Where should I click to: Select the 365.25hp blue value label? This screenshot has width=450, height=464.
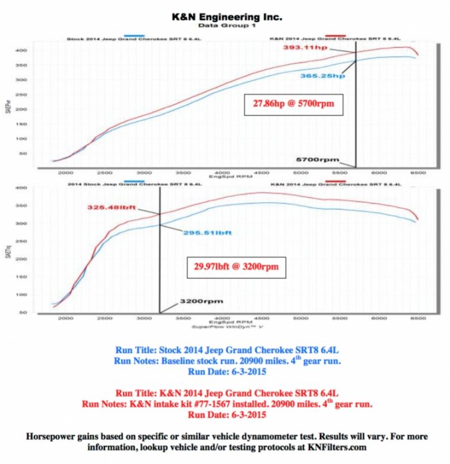click(x=323, y=76)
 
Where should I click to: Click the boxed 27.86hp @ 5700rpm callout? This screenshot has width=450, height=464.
click(x=291, y=103)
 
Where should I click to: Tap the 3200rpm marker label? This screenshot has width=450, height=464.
click(x=197, y=300)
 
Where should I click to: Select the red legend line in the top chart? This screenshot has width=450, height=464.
click(x=334, y=39)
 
